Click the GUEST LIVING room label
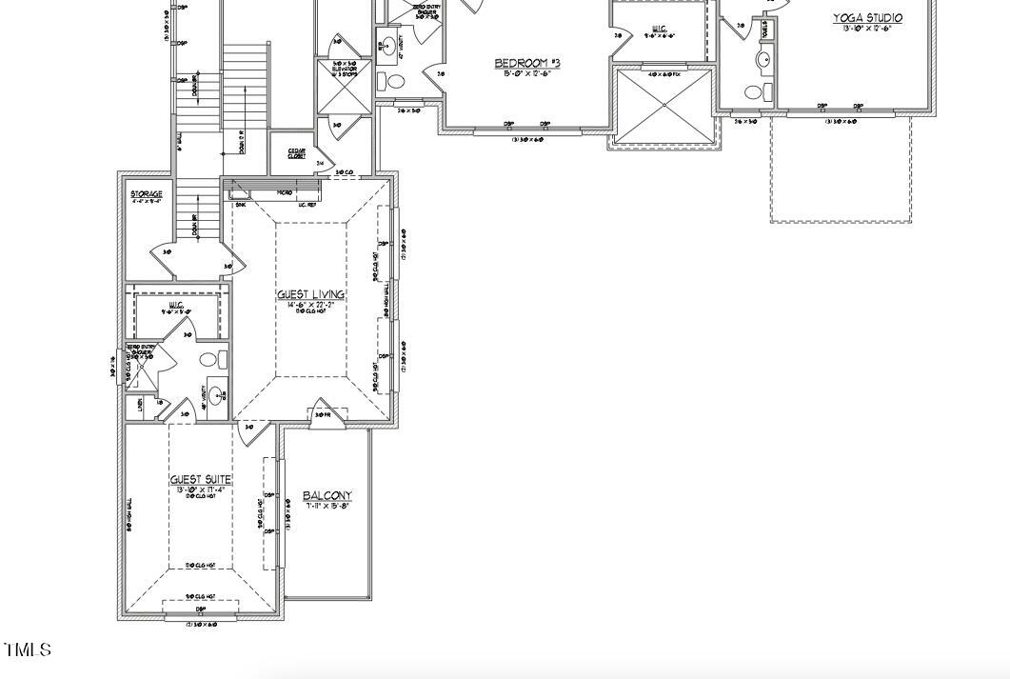click(x=310, y=294)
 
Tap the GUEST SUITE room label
click(x=201, y=480)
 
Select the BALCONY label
click(x=327, y=495)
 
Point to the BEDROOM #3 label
click(x=526, y=63)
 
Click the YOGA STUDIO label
click(x=867, y=17)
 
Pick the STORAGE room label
click(x=147, y=194)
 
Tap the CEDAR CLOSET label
click(x=296, y=153)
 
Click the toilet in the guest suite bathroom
click(x=220, y=360)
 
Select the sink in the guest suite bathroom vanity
click(x=216, y=395)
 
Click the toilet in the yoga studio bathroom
click(x=754, y=92)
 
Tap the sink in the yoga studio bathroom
click(x=763, y=60)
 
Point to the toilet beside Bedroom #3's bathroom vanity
click(x=395, y=82)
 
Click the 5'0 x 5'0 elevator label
click(x=344, y=68)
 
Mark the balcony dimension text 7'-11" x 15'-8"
click(x=327, y=506)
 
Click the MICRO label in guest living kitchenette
click(x=284, y=193)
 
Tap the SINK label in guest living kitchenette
click(x=240, y=204)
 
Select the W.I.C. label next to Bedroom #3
click(x=659, y=29)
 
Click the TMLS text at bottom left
click(x=28, y=650)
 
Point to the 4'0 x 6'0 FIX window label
click(x=663, y=74)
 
